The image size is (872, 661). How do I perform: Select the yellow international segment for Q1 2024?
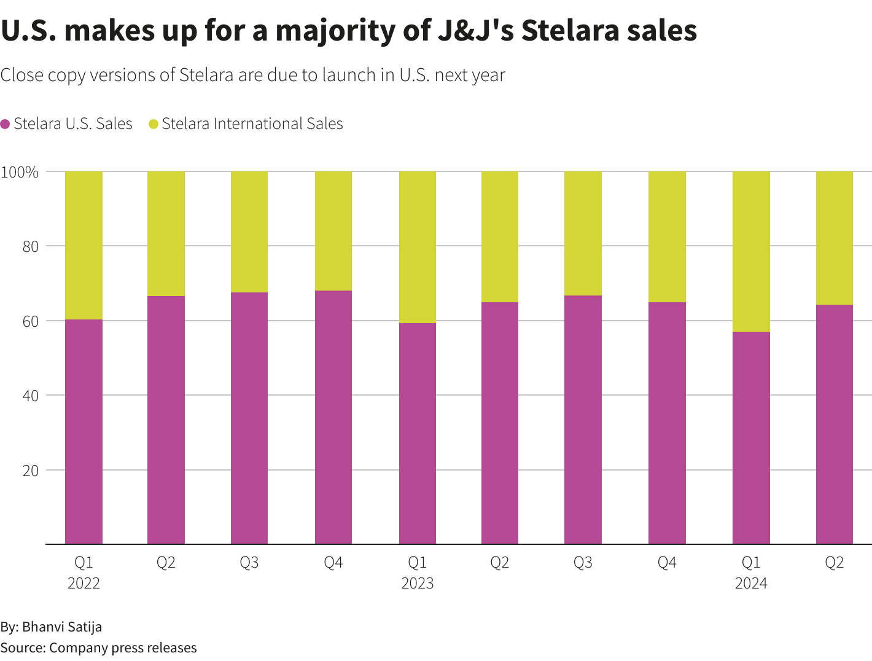pos(751,252)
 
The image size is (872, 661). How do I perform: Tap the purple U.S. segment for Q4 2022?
pos(333,418)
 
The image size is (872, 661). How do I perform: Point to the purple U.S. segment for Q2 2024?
pos(835,424)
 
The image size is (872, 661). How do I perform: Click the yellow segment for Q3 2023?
pos(583,233)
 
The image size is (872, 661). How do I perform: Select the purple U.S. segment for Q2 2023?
pos(500,423)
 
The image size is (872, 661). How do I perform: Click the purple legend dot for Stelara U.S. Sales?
pos(6,124)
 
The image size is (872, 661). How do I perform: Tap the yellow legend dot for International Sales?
pos(154,124)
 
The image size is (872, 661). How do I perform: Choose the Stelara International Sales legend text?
pos(252,124)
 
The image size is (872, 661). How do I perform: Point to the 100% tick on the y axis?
pos(20,172)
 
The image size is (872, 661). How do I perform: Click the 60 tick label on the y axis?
pos(31,321)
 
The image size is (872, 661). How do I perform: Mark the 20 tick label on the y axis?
pos(31,471)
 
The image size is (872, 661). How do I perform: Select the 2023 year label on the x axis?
pos(418,584)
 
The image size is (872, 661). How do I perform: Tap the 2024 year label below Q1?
pos(751,584)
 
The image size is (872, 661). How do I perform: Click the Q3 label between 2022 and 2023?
pos(249,563)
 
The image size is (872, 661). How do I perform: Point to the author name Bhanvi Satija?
pos(62,627)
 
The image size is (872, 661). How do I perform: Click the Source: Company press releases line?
pos(98,648)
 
